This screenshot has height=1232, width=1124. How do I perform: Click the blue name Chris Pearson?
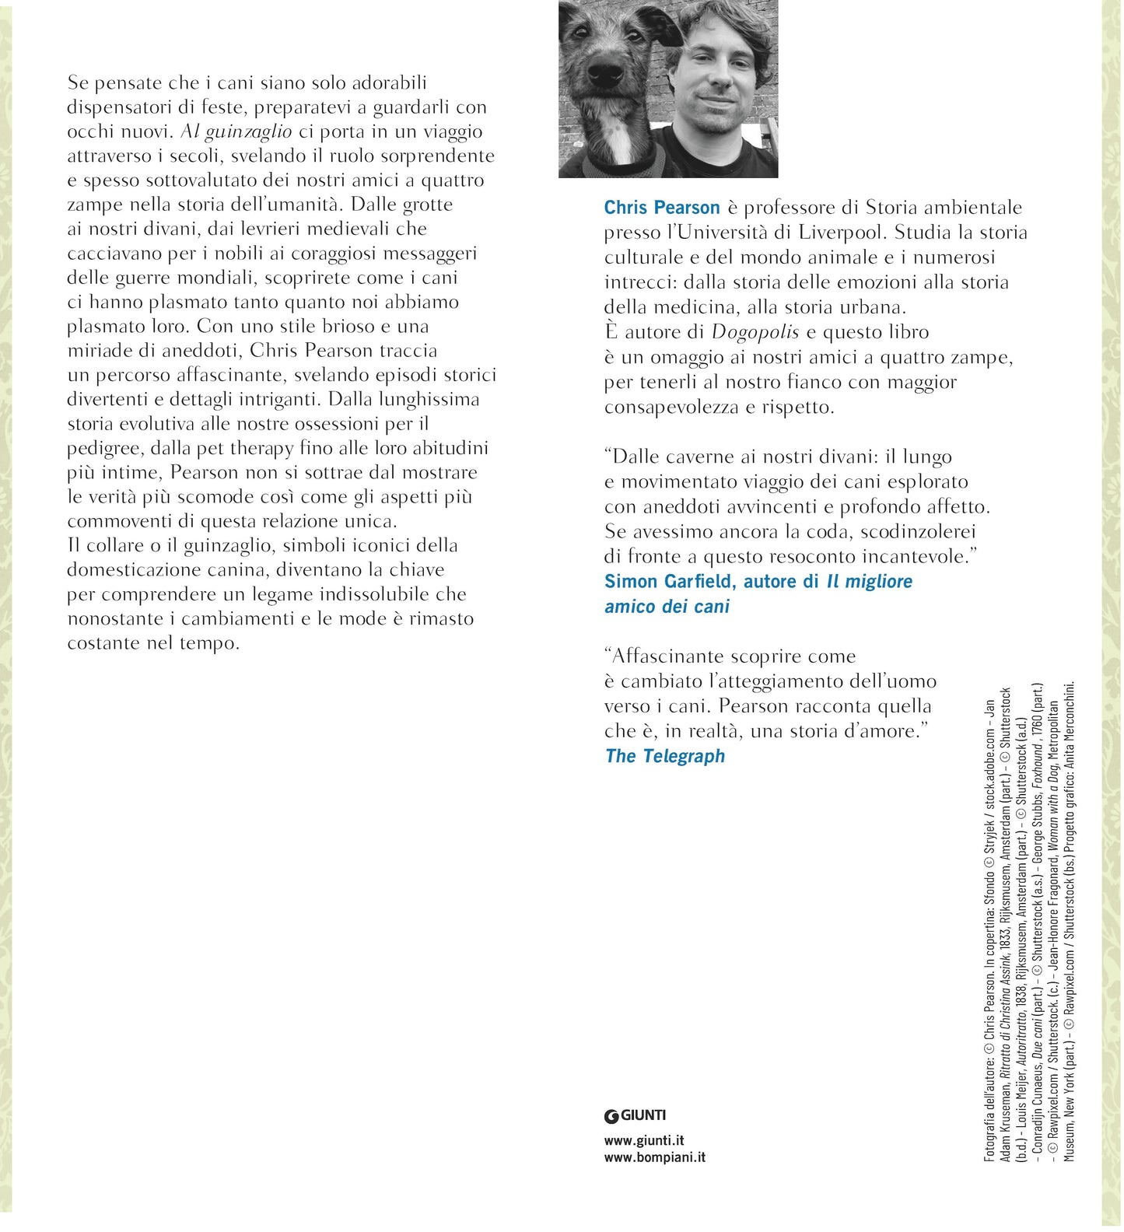coord(662,208)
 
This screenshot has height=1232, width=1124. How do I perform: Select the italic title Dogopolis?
coord(755,332)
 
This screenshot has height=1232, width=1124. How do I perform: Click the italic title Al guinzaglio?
coord(236,131)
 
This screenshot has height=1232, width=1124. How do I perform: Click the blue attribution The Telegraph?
coord(665,756)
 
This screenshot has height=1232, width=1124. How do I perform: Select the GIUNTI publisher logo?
coord(636,1115)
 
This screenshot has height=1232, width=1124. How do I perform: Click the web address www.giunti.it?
coord(644,1140)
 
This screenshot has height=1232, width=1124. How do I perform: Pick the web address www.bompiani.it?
coord(655,1157)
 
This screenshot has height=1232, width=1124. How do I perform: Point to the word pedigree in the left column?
coord(103,449)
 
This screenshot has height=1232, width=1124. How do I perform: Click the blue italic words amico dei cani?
coord(667,607)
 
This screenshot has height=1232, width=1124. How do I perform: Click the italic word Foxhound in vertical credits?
coord(1037,767)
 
